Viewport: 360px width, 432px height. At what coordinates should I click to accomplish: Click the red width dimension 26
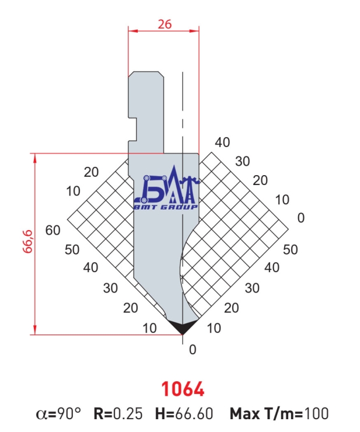165,25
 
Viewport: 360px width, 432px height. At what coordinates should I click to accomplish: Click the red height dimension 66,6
28,241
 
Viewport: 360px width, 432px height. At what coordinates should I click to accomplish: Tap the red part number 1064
183,389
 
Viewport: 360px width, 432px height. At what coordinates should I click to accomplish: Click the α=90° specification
58,413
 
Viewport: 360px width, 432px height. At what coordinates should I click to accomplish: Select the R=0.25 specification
118,413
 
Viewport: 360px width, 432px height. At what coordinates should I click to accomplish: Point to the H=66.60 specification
184,413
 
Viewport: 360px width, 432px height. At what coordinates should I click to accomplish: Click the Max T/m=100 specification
279,413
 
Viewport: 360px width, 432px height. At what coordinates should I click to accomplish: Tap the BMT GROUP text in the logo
166,207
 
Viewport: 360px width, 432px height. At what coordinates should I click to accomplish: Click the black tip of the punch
183,328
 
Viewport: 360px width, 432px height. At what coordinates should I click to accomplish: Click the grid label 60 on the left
53,230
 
